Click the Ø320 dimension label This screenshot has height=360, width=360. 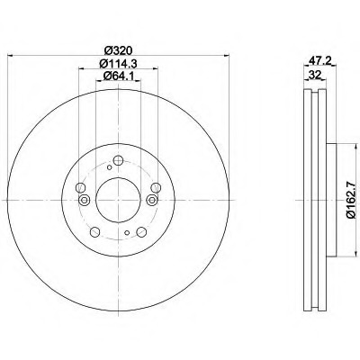[x=119, y=50]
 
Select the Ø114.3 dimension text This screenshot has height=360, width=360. [x=118, y=64]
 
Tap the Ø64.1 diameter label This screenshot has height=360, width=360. [x=118, y=76]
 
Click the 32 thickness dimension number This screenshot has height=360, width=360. [x=315, y=75]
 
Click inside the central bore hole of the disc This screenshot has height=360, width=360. [x=118, y=200]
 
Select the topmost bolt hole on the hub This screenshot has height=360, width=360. [x=119, y=160]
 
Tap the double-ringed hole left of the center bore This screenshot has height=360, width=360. [x=85, y=200]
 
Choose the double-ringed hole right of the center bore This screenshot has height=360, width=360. [x=152, y=200]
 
